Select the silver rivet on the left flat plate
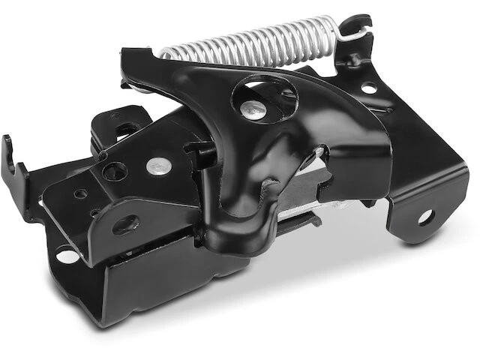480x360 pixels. pos(155,163)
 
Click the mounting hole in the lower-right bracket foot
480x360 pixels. pos(425,217)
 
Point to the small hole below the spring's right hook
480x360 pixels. pos(368,88)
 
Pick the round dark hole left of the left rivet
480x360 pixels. pos(115,171)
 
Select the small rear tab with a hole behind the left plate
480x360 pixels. pos(120,124)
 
